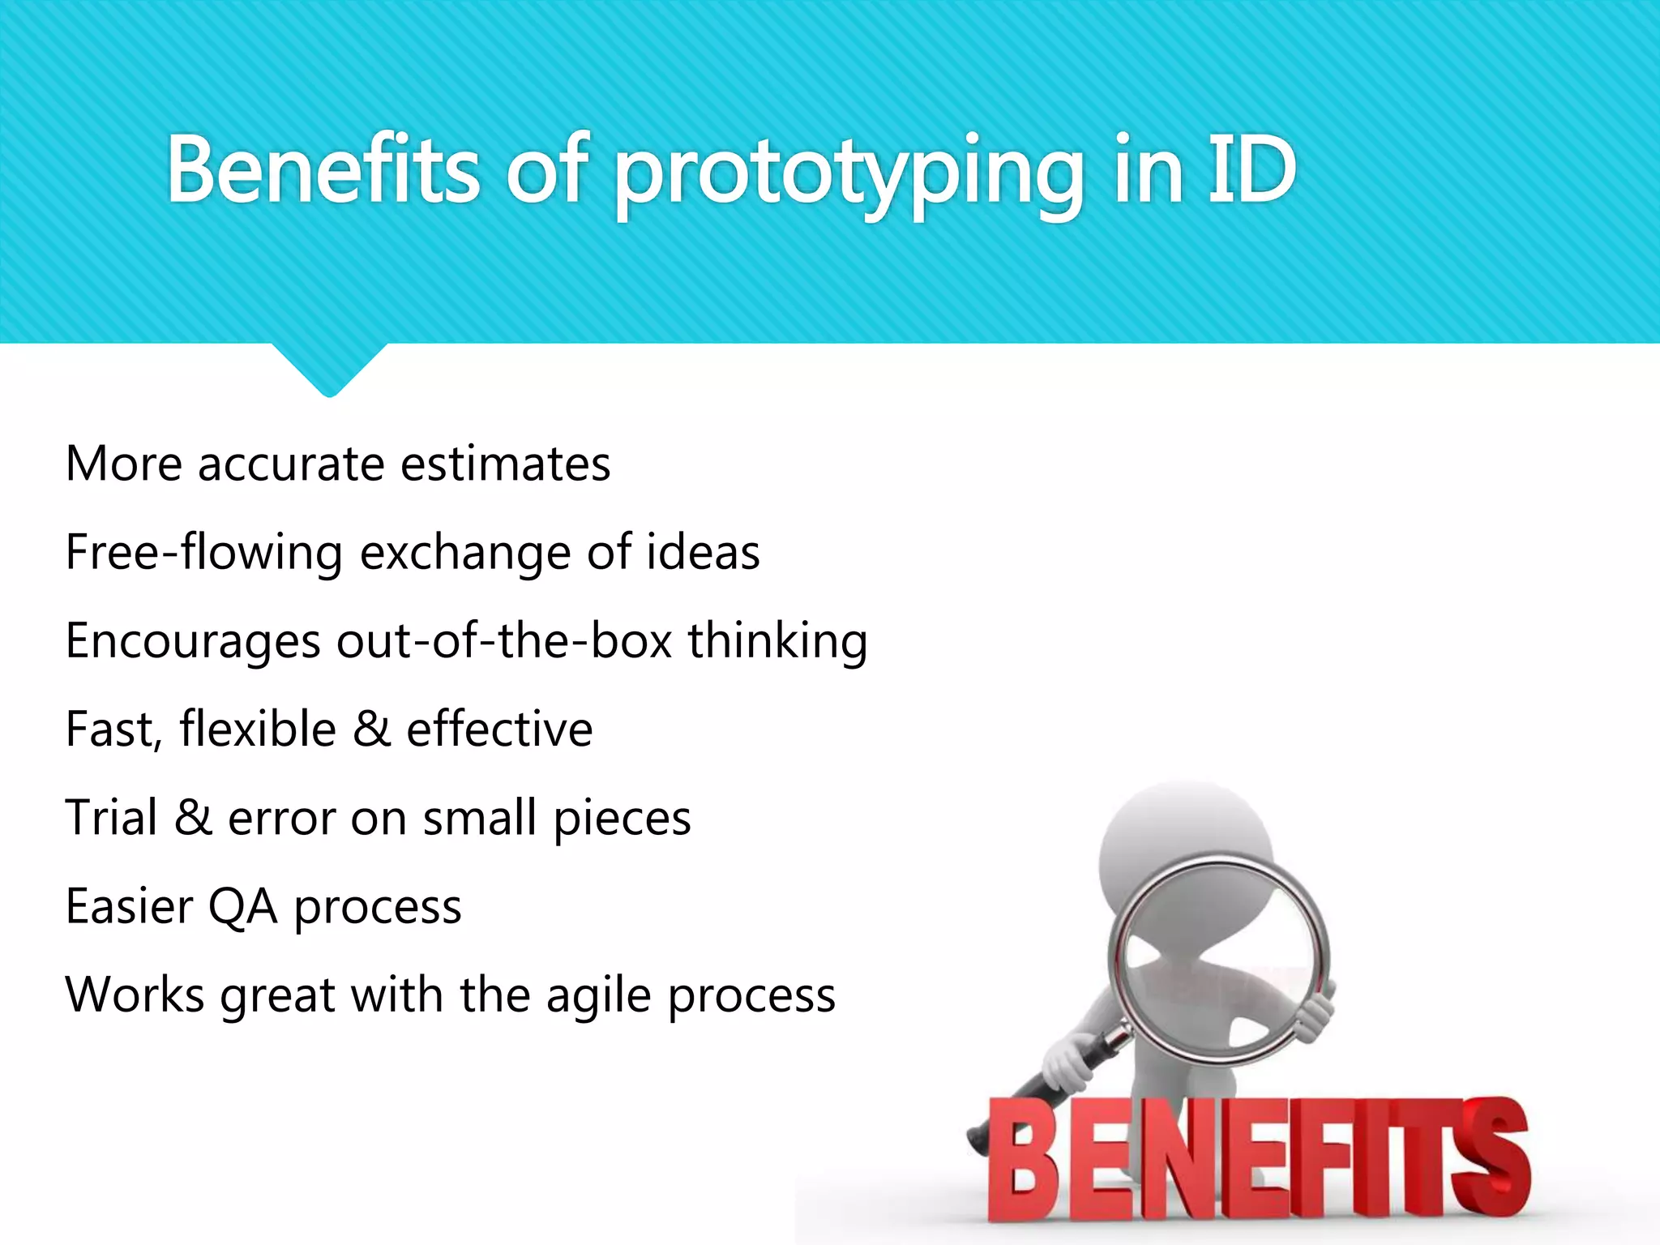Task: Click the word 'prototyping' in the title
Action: [848, 172]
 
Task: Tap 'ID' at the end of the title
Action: [1251, 170]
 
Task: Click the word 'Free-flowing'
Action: [203, 554]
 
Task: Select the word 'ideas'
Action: [703, 553]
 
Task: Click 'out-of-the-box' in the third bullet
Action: [504, 641]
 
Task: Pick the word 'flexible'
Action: [258, 729]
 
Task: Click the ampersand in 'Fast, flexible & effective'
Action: [371, 729]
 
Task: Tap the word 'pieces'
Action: [622, 819]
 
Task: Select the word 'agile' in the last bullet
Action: [598, 995]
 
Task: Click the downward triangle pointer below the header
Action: [329, 369]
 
